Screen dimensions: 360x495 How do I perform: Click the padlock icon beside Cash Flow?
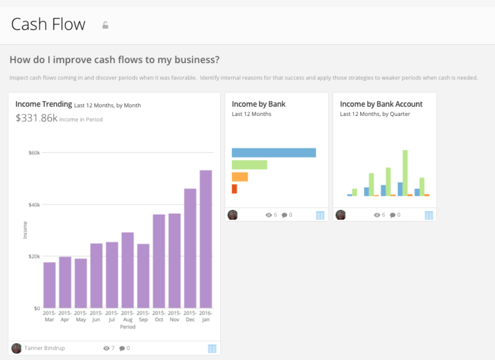pos(105,25)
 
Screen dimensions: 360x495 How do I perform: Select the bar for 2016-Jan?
pos(205,239)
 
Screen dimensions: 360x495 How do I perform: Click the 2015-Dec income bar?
pos(190,248)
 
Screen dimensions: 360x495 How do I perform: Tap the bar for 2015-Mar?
pos(49,285)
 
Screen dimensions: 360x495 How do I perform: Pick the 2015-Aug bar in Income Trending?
pos(128,270)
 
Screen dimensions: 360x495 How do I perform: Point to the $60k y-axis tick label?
pos(33,153)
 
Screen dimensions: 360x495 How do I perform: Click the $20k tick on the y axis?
pos(33,256)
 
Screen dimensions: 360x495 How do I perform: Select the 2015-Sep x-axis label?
pos(143,316)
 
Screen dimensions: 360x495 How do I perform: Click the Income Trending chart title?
pos(44,104)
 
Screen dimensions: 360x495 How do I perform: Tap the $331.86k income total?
pos(36,118)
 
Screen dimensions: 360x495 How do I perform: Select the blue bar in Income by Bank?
pos(274,152)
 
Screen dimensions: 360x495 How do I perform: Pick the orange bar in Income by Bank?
pos(240,177)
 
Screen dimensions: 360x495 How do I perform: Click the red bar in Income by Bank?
pos(234,189)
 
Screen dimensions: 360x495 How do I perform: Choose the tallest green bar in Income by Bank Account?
pos(405,173)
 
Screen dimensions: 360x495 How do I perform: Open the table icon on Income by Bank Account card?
pos(429,215)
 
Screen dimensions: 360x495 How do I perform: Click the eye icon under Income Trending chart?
pos(107,348)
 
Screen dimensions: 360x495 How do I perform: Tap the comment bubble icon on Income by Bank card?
pos(284,215)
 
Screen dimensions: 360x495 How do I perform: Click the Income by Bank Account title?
pos(381,104)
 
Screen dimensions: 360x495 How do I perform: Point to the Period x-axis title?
pos(128,327)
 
